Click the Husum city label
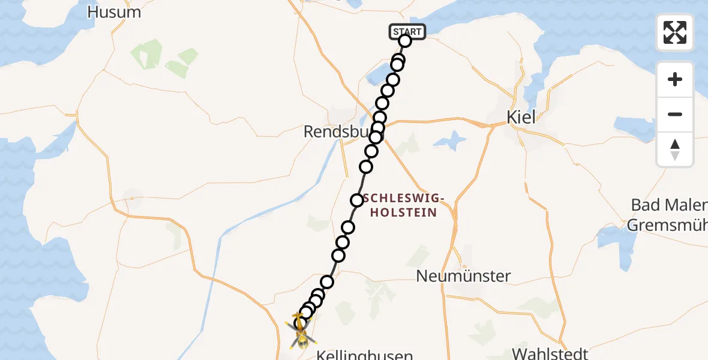pos(114,12)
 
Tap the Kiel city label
pos(521,117)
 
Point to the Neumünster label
pos(464,276)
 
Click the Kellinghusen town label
pos(364,355)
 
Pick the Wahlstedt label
pos(550,353)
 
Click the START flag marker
pos(407,31)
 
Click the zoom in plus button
pos(675,79)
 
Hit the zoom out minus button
pos(675,114)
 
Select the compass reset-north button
pos(675,149)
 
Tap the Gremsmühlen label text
pos(667,226)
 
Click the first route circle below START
pos(405,41)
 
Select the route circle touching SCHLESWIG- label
pos(357,200)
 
